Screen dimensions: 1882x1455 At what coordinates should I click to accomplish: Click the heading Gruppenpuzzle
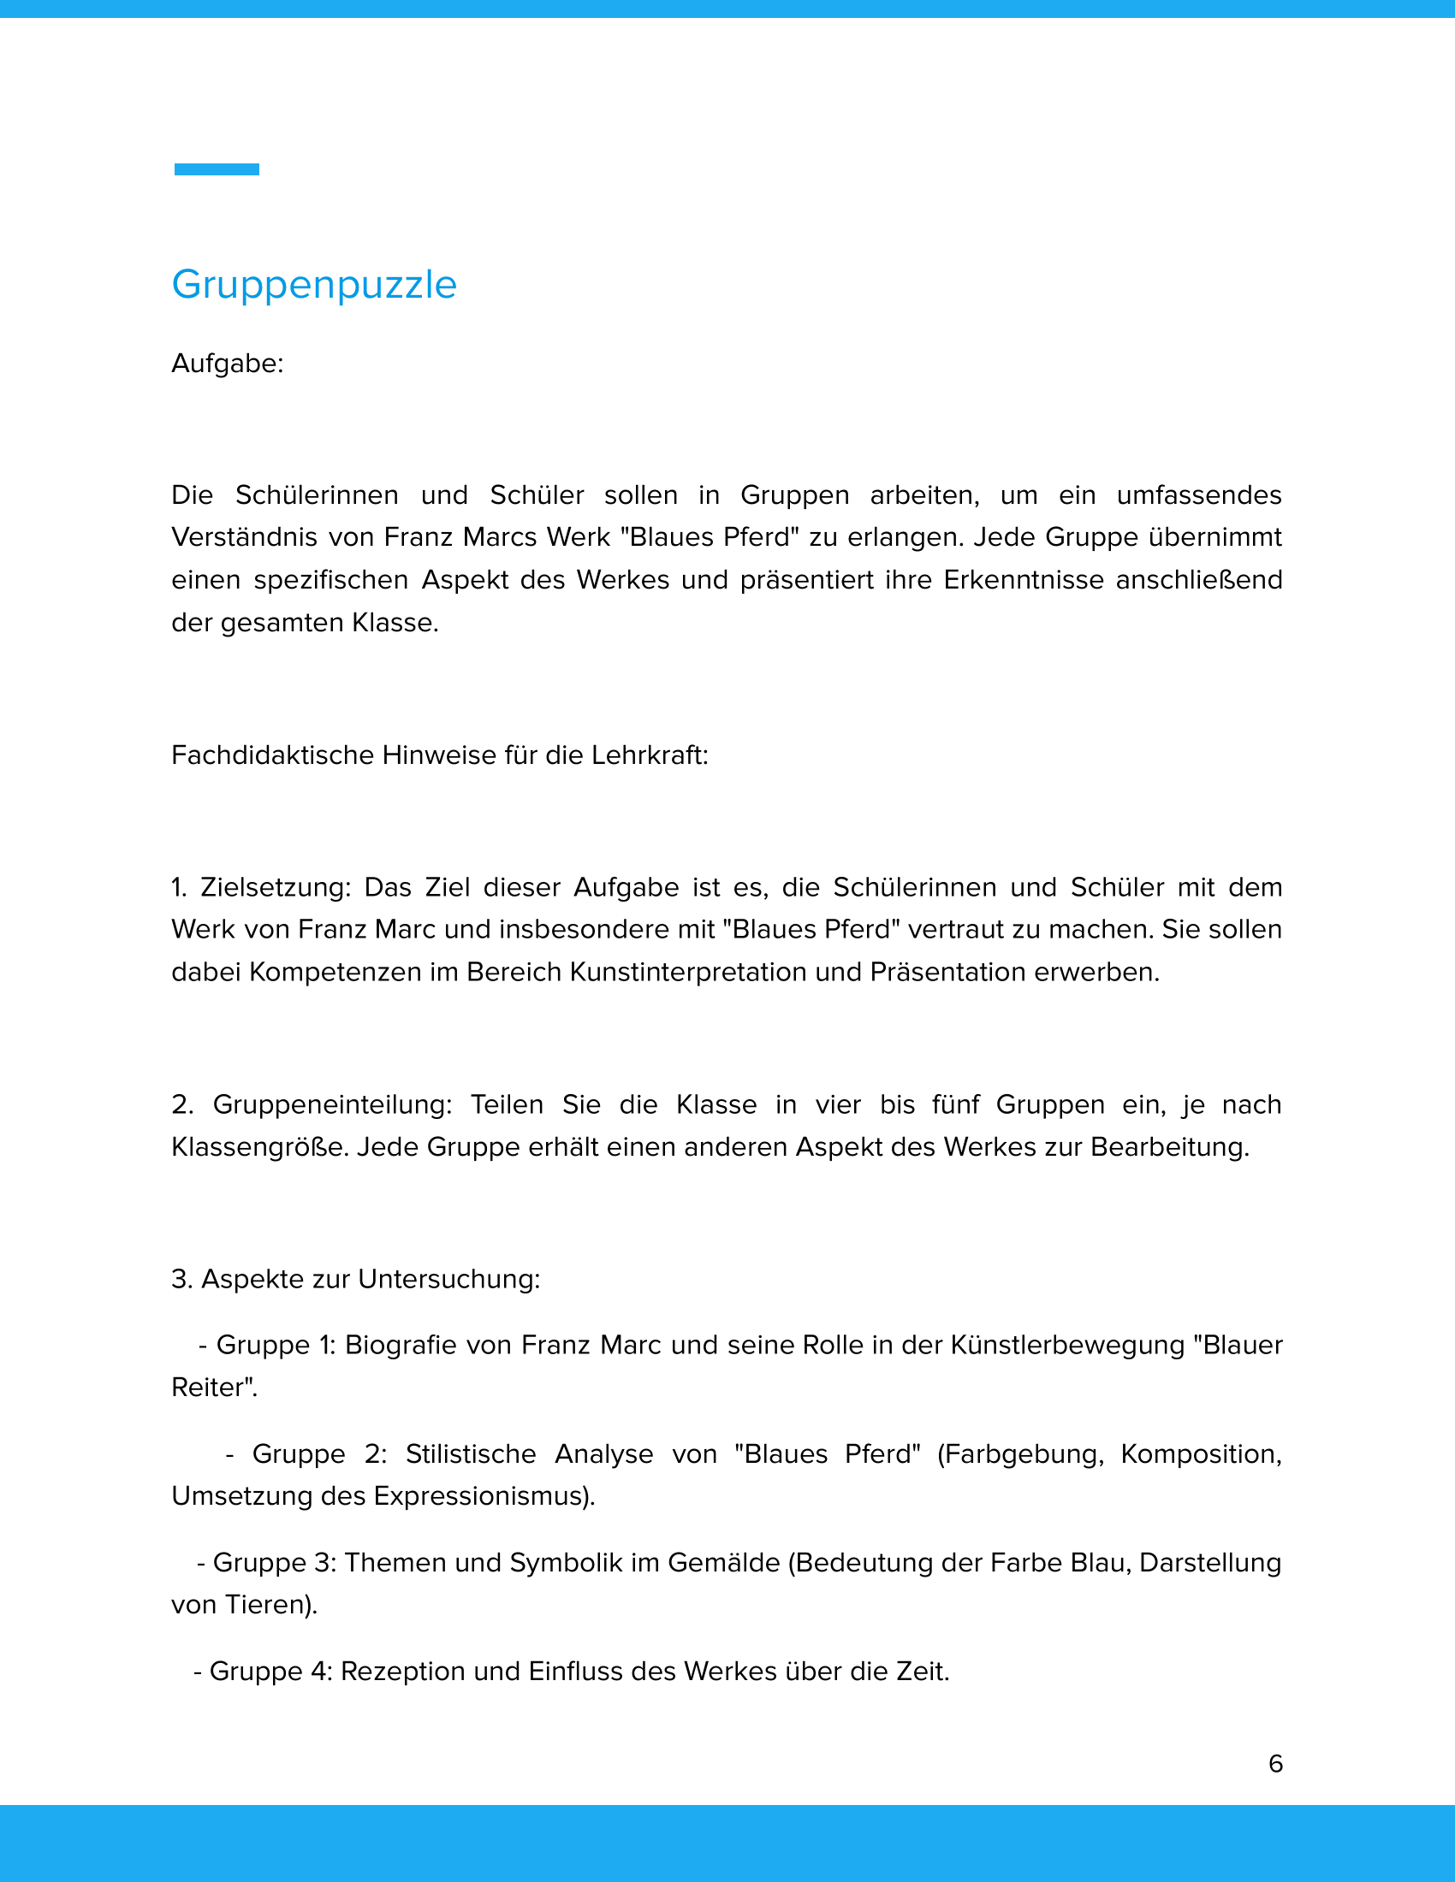[314, 285]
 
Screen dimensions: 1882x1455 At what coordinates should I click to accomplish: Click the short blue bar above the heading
[217, 169]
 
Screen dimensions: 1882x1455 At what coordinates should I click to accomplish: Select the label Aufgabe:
[228, 364]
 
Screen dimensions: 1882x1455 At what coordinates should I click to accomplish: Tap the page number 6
[1276, 1763]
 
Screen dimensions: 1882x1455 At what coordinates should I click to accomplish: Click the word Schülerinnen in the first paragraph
[317, 495]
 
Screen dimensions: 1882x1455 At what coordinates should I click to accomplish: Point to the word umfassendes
[1199, 495]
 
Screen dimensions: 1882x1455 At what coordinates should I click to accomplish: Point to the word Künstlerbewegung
[1067, 1345]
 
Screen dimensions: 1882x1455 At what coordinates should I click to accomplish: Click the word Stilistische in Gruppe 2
[471, 1453]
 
